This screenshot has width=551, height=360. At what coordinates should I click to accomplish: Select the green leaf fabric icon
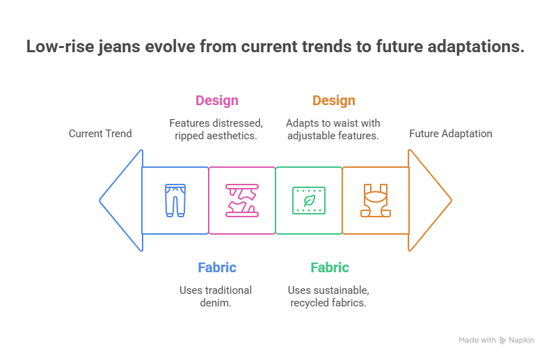(x=309, y=201)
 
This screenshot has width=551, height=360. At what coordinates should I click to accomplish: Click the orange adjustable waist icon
(x=376, y=201)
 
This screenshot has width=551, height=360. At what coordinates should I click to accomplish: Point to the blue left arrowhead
(x=120, y=201)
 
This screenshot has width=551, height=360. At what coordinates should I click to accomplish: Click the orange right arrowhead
(x=429, y=201)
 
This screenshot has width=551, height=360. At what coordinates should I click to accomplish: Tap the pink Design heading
(x=217, y=101)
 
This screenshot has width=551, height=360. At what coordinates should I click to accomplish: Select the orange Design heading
(x=334, y=101)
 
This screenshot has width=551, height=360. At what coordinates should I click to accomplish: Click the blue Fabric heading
(x=217, y=267)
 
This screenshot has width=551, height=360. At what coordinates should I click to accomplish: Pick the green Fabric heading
(x=330, y=267)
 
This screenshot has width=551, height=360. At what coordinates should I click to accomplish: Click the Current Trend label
(x=99, y=134)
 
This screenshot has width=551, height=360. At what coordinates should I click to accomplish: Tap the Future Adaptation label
(x=451, y=134)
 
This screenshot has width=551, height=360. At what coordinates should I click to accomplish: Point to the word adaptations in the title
(x=474, y=47)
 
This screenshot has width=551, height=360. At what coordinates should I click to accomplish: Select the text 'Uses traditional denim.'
(x=216, y=296)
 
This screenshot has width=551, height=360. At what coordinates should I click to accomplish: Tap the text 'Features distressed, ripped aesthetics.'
(x=216, y=129)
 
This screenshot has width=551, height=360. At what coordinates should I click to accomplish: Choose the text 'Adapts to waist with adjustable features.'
(x=333, y=129)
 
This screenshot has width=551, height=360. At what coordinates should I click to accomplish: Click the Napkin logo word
(x=522, y=341)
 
